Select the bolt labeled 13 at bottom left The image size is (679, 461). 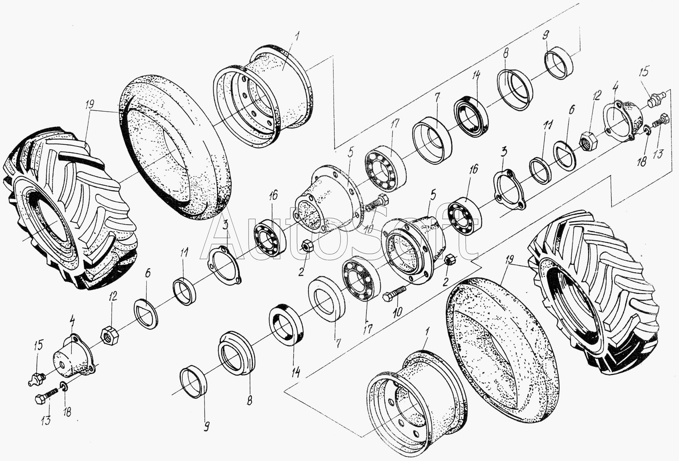click(x=47, y=396)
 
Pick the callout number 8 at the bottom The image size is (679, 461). click(x=249, y=400)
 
